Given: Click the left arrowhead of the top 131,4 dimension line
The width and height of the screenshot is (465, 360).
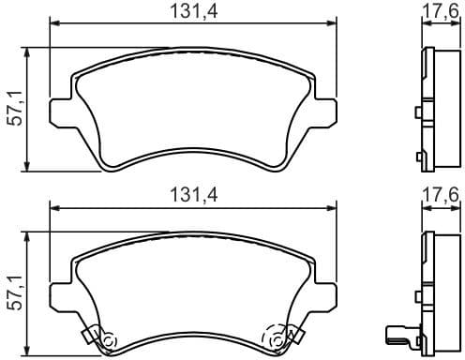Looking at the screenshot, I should (x=53, y=25).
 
